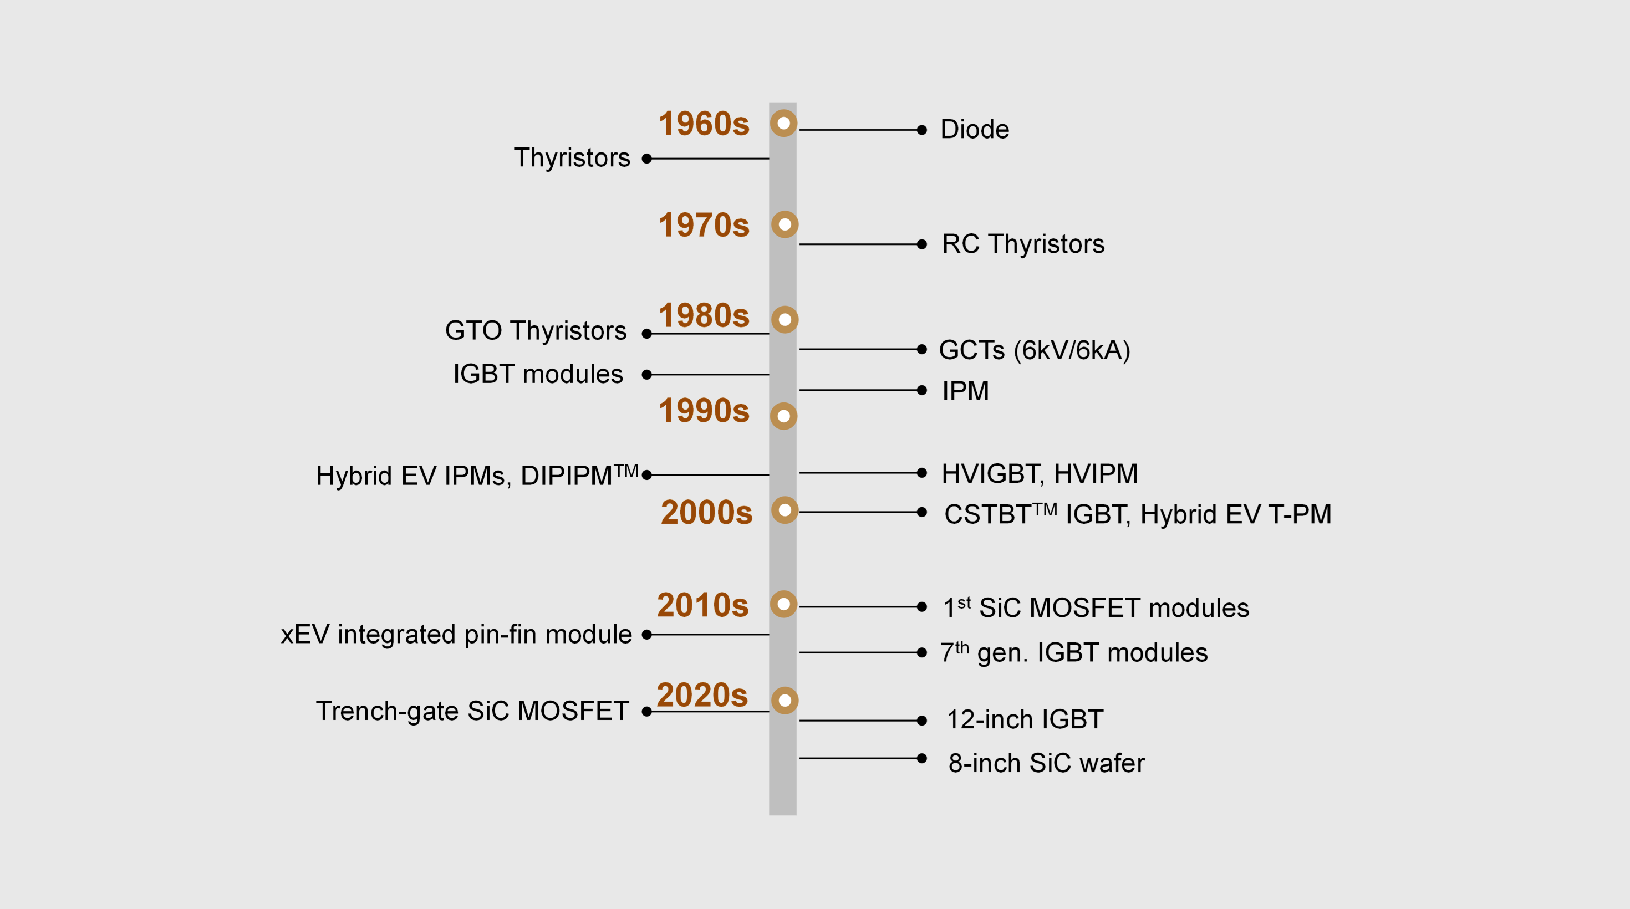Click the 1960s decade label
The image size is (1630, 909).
point(704,124)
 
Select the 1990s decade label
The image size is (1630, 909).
point(704,411)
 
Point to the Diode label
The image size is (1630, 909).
point(975,130)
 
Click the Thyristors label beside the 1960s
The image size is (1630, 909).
point(572,158)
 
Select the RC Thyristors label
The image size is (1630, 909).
point(1023,244)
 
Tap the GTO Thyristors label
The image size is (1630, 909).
point(536,331)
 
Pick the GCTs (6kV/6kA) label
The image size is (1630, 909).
point(1035,350)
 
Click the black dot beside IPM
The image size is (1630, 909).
point(922,390)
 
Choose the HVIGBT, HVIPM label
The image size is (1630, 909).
point(1040,474)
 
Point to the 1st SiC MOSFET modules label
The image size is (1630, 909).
point(1096,607)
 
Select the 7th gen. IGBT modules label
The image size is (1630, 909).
point(1074,652)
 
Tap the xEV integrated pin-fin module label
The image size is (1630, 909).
point(456,635)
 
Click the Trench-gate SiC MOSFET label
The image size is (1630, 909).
point(472,711)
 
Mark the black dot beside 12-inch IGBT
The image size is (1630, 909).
point(922,721)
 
